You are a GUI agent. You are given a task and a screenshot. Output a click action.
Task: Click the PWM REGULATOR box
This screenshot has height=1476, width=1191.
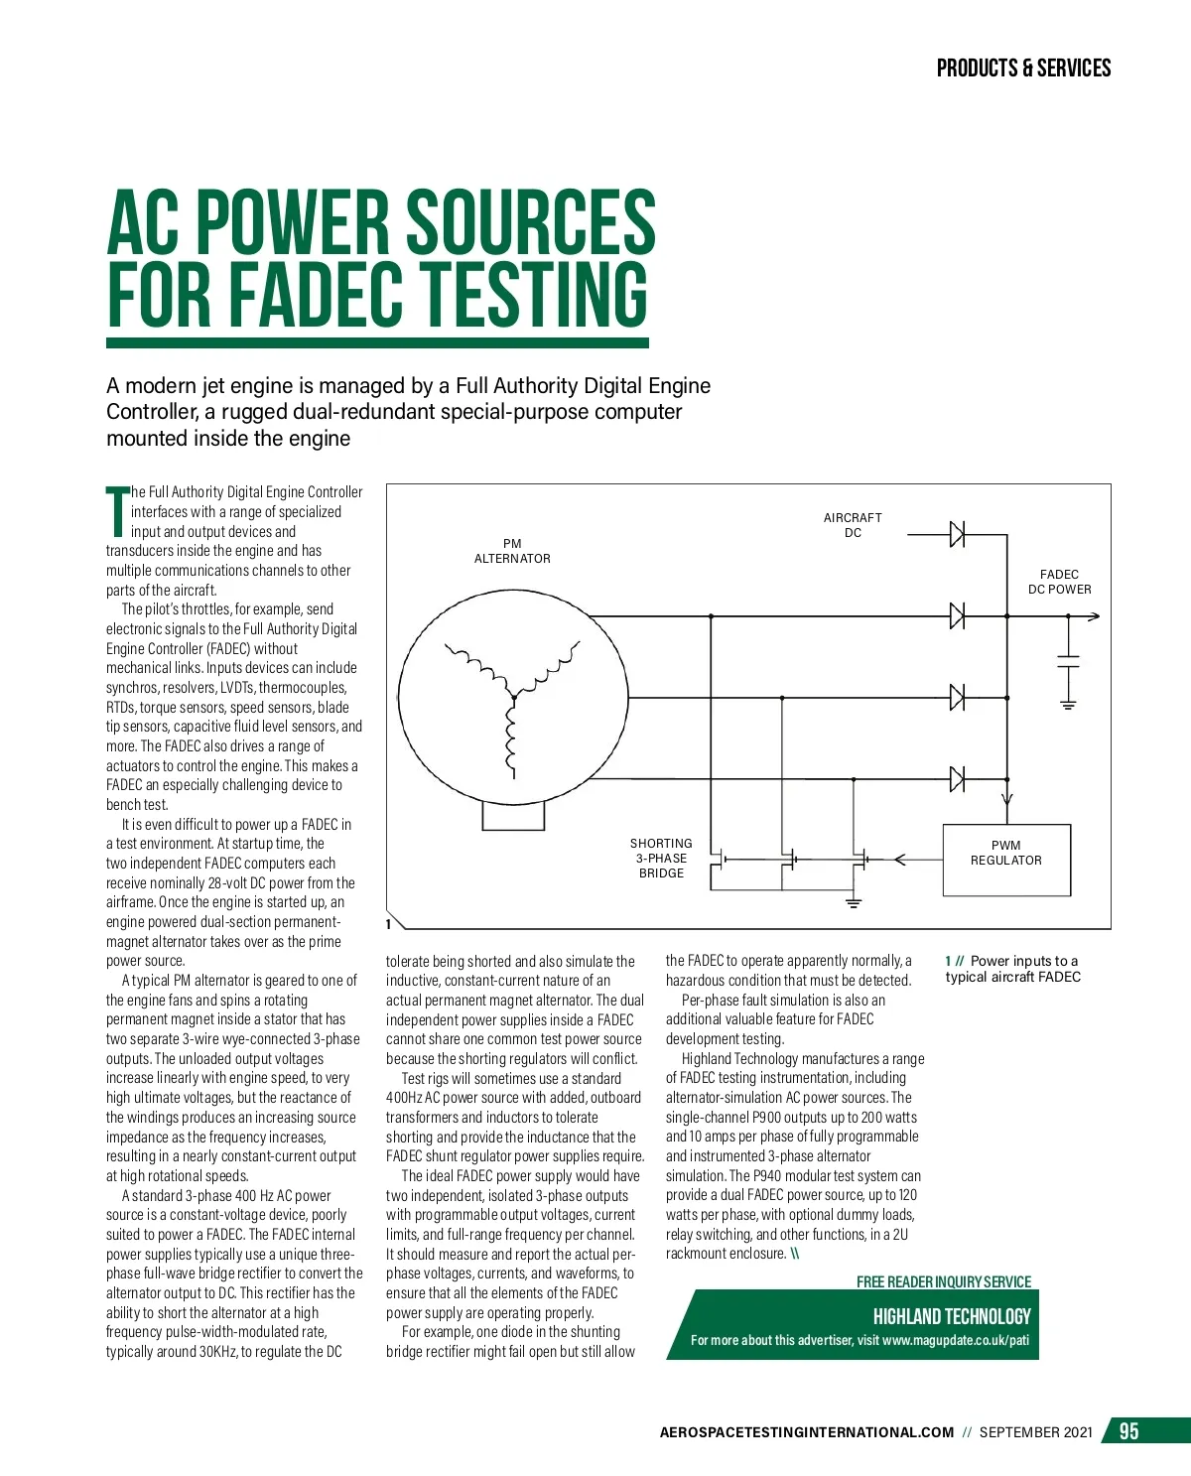coord(1006,860)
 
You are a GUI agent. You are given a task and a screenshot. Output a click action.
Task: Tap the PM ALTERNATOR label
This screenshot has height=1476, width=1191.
coord(512,551)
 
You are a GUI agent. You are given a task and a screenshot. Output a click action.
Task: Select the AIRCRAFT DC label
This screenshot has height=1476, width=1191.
coord(853,525)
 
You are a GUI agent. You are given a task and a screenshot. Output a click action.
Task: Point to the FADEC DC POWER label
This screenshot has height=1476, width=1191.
coord(1059,582)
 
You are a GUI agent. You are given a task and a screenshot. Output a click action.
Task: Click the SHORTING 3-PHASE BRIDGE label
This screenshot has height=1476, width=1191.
coord(661,858)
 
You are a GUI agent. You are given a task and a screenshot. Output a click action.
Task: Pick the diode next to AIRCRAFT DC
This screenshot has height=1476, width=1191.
coord(957,534)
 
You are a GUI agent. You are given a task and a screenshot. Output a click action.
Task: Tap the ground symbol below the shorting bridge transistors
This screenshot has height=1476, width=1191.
coord(853,903)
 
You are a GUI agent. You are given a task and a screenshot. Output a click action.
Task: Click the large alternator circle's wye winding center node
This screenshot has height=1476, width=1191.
coord(513,698)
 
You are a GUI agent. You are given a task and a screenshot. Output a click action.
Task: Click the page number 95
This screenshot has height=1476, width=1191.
coord(1128,1430)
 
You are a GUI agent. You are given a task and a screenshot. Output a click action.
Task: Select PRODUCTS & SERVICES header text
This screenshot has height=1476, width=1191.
coord(1023,68)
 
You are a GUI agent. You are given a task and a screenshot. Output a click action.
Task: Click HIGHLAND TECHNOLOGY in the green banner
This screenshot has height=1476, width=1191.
coord(951,1316)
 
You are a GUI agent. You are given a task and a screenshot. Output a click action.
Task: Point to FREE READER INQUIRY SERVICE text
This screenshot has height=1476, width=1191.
coord(943,1281)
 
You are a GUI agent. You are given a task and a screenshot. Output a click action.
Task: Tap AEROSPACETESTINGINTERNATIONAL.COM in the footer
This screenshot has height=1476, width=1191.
coord(806,1432)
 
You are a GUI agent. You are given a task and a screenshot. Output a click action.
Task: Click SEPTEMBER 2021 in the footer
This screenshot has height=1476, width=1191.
coord(1035,1432)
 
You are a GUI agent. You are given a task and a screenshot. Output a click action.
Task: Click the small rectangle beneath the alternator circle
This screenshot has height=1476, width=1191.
coord(513,815)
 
